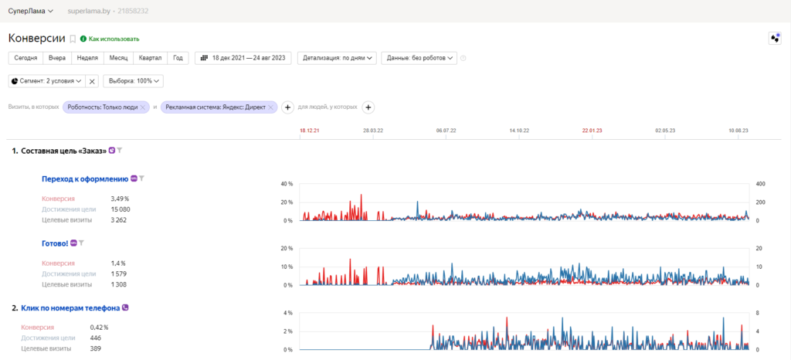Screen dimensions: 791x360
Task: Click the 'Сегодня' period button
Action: click(25, 58)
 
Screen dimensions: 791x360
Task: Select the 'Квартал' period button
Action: click(151, 58)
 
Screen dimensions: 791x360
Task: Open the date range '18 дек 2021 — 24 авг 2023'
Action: click(243, 58)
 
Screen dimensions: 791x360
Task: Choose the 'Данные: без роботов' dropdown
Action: click(419, 58)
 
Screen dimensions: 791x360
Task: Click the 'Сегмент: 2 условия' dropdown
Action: click(46, 81)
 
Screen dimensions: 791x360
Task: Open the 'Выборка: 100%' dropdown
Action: click(133, 81)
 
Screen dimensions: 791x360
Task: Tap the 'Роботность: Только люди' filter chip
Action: click(106, 107)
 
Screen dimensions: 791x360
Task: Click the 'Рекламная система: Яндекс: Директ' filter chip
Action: click(219, 107)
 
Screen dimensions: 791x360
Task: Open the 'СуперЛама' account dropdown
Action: click(31, 11)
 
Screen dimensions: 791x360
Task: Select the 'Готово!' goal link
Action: click(55, 243)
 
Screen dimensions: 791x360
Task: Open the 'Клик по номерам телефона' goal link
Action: click(70, 307)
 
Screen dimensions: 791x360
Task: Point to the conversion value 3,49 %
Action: click(120, 199)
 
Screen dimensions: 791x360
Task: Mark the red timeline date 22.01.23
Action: click(592, 131)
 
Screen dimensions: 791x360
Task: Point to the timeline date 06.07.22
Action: click(446, 131)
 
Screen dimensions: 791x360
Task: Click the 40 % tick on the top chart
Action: click(287, 184)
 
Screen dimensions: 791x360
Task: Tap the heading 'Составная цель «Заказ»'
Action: click(64, 150)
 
